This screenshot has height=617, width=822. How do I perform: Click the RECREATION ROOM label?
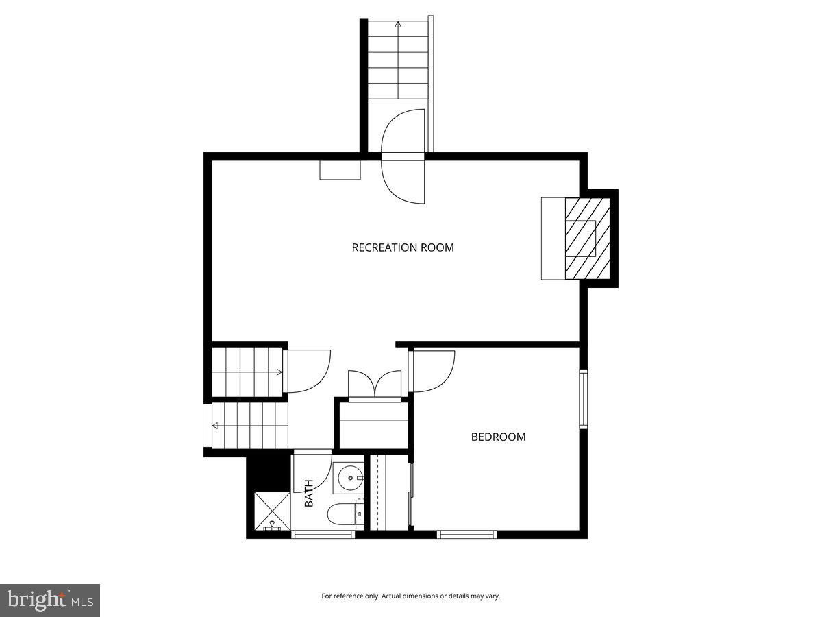click(x=403, y=247)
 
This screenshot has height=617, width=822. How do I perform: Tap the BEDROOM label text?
click(x=498, y=437)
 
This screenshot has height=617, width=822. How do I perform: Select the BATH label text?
click(x=309, y=493)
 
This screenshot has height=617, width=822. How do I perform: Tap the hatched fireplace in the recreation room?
click(x=586, y=239)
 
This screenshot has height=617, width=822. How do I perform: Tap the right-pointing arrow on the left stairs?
click(x=278, y=372)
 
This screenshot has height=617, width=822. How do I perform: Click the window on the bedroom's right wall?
click(x=583, y=398)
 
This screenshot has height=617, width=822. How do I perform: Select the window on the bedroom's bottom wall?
click(x=466, y=534)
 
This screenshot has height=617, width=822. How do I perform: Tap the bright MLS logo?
click(x=49, y=601)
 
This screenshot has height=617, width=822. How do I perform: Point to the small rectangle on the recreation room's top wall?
click(x=340, y=169)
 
